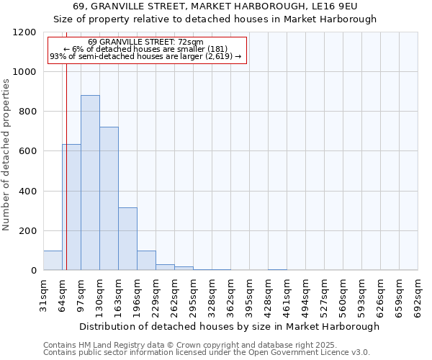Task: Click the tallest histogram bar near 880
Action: [90, 183]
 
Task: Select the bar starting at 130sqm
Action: [109, 199]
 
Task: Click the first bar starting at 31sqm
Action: [53, 261]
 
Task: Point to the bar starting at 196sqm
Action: [146, 261]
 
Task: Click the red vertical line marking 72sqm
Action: [66, 166]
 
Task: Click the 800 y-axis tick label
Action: [27, 112]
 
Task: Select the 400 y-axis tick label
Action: [27, 192]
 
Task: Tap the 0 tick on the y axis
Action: [33, 271]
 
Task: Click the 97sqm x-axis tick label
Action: [81, 294]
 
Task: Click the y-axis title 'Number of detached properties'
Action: [6, 156]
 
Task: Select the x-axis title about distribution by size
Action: [229, 326]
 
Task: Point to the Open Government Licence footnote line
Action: [207, 353]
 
